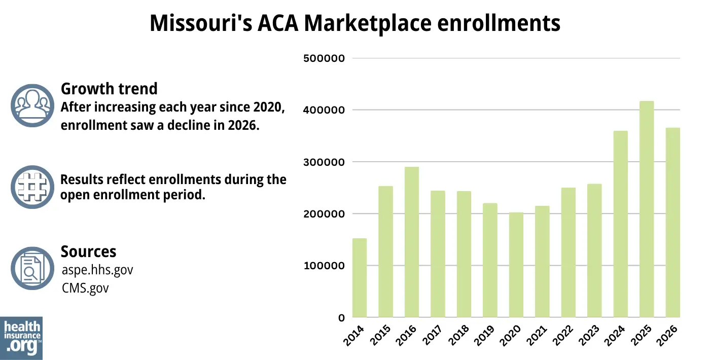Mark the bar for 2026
[672, 223]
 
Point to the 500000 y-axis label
[324, 58]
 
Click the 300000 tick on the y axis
[324, 162]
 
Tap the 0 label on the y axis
[341, 318]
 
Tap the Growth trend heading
[109, 89]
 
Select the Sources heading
[88, 251]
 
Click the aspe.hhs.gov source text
[97, 270]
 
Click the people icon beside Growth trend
[32, 105]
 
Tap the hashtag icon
[32, 187]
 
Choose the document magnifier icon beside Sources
[32, 268]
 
